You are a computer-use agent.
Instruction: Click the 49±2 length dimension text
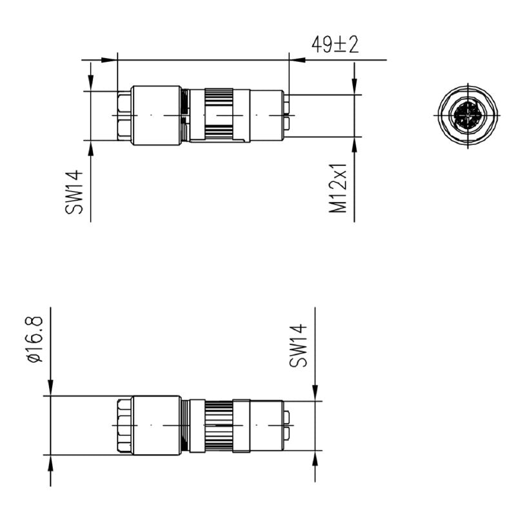click(335, 45)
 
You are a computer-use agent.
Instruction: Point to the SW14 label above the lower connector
click(298, 346)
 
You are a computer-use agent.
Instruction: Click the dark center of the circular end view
click(466, 115)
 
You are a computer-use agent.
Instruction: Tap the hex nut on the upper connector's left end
click(124, 115)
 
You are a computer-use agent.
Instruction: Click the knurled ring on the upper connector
click(219, 115)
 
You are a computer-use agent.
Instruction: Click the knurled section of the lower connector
click(219, 426)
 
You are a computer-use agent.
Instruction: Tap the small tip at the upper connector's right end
click(287, 115)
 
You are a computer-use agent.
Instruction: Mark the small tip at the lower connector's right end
click(288, 426)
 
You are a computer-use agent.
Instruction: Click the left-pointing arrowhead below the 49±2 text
click(297, 60)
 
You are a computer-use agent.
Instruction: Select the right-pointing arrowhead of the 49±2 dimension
click(110, 60)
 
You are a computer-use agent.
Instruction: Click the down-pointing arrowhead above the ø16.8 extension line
click(50, 388)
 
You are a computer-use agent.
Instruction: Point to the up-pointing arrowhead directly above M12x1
click(354, 144)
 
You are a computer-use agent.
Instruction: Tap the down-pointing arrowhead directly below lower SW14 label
click(315, 393)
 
